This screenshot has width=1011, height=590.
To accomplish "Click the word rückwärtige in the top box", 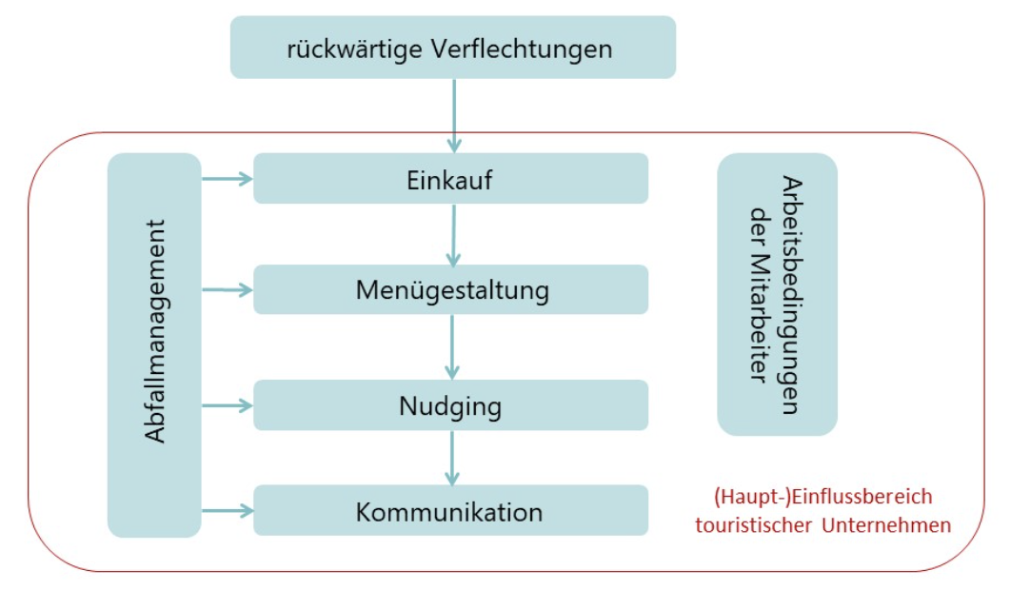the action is pyautogui.click(x=355, y=49).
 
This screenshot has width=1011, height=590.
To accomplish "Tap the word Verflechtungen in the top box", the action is pyautogui.click(x=522, y=49).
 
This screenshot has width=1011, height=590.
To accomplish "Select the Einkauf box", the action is pyautogui.click(x=450, y=179).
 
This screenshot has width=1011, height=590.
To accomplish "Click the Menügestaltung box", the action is pyautogui.click(x=450, y=289).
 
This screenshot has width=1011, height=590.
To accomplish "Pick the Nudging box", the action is pyautogui.click(x=450, y=405).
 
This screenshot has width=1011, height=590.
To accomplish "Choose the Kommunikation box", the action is pyautogui.click(x=450, y=510).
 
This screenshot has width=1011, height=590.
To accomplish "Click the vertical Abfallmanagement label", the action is pyautogui.click(x=155, y=331).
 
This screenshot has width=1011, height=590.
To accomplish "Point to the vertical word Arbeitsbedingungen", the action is pyautogui.click(x=792, y=295).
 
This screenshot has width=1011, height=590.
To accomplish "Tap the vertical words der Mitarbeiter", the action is pyautogui.click(x=761, y=295).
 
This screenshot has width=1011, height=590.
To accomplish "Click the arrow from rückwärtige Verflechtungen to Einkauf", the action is pyautogui.click(x=454, y=116).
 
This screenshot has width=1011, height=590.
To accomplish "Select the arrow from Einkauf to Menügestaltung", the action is pyautogui.click(x=453, y=235).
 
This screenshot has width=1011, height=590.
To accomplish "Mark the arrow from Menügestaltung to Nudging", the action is pyautogui.click(x=452, y=347).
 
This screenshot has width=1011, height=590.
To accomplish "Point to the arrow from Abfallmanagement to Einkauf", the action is pyautogui.click(x=228, y=179).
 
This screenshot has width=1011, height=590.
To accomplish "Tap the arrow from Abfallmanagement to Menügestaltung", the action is pyautogui.click(x=228, y=290).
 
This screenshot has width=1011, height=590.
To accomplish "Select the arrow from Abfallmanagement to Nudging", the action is pyautogui.click(x=228, y=405).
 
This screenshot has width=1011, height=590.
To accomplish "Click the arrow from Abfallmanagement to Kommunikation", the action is pyautogui.click(x=228, y=511).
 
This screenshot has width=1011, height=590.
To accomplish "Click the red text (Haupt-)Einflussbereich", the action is pyautogui.click(x=823, y=497).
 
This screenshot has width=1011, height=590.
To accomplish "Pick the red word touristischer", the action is pyautogui.click(x=753, y=525).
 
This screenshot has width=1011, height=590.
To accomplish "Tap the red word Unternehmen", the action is pyautogui.click(x=886, y=525).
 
